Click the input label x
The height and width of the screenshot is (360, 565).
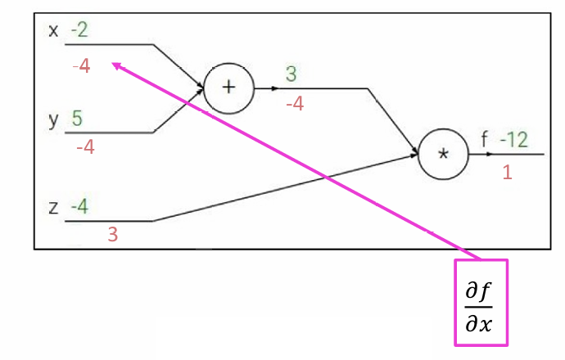point(54,31)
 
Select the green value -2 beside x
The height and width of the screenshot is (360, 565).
point(79,31)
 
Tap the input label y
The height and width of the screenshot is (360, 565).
point(54,119)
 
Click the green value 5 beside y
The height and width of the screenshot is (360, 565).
point(77,118)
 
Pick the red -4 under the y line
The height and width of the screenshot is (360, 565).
point(85,148)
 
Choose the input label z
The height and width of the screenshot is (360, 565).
point(54,207)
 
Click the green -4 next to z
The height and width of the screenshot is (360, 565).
point(79,206)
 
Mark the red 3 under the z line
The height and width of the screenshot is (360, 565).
point(113,235)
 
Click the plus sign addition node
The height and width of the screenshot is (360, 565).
point(228,88)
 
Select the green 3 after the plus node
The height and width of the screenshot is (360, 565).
point(291,74)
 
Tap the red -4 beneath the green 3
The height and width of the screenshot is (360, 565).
point(294,104)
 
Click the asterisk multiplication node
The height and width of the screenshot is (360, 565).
point(443,154)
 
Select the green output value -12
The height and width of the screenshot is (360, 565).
point(513,140)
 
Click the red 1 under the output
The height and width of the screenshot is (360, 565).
point(507,173)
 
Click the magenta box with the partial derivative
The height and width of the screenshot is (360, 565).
point(481,302)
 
